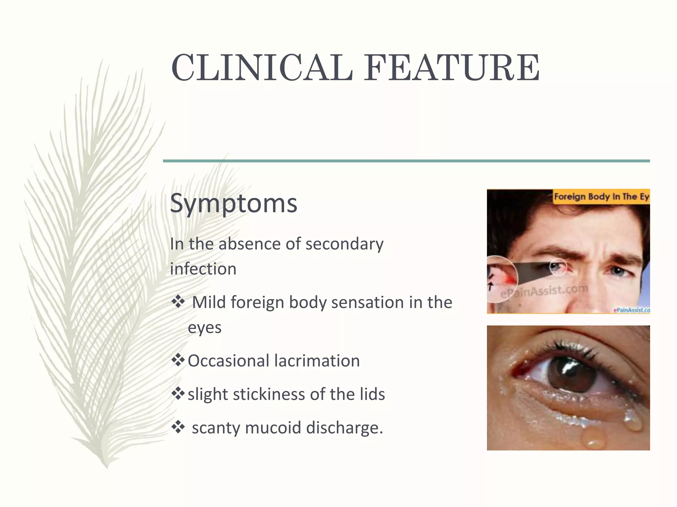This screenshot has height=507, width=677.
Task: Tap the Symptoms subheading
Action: click(x=234, y=203)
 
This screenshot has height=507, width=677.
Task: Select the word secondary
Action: click(x=344, y=244)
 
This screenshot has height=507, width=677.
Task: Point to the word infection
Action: click(x=203, y=269)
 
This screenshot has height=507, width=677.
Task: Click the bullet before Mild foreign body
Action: click(x=178, y=301)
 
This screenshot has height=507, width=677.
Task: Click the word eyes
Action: click(x=205, y=328)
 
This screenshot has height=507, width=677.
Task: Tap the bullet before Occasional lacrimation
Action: click(x=178, y=360)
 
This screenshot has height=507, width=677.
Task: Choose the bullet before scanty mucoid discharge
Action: click(x=178, y=427)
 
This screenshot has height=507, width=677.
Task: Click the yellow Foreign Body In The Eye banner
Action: click(x=601, y=197)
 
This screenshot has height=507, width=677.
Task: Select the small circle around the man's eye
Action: click(x=558, y=267)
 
